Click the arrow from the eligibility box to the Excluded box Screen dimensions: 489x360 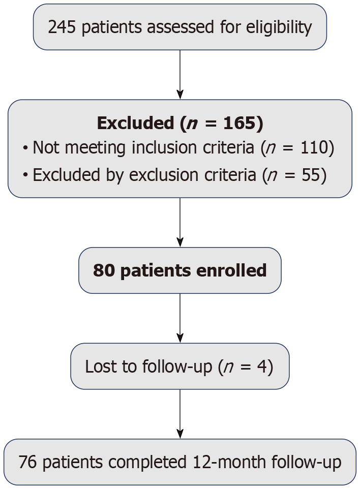pyautogui.click(x=180, y=74)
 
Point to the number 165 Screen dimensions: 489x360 pyautogui.click(x=249, y=124)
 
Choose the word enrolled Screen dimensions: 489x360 pyautogui.click(x=235, y=270)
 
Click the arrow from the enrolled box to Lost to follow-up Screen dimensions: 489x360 pyautogui.click(x=180, y=318)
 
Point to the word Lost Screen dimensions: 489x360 pyautogui.click(x=97, y=366)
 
